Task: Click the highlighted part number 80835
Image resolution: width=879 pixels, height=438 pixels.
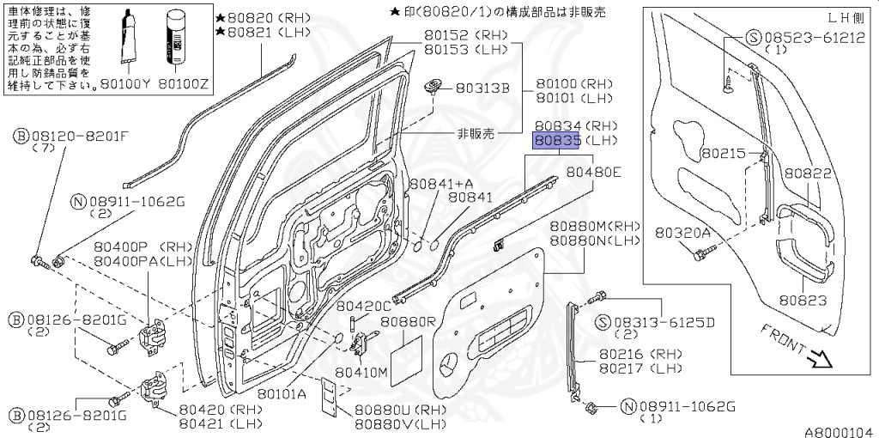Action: click(x=558, y=140)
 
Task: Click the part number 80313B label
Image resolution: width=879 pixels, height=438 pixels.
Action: click(x=482, y=88)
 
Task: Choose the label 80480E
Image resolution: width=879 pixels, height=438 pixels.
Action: click(x=593, y=173)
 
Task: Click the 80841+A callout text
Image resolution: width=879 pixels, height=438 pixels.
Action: click(x=441, y=183)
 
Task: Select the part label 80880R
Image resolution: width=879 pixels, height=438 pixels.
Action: click(x=409, y=322)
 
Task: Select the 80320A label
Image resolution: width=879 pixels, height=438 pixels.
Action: click(x=683, y=232)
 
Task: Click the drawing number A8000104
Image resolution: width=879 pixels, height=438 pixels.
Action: click(x=839, y=430)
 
